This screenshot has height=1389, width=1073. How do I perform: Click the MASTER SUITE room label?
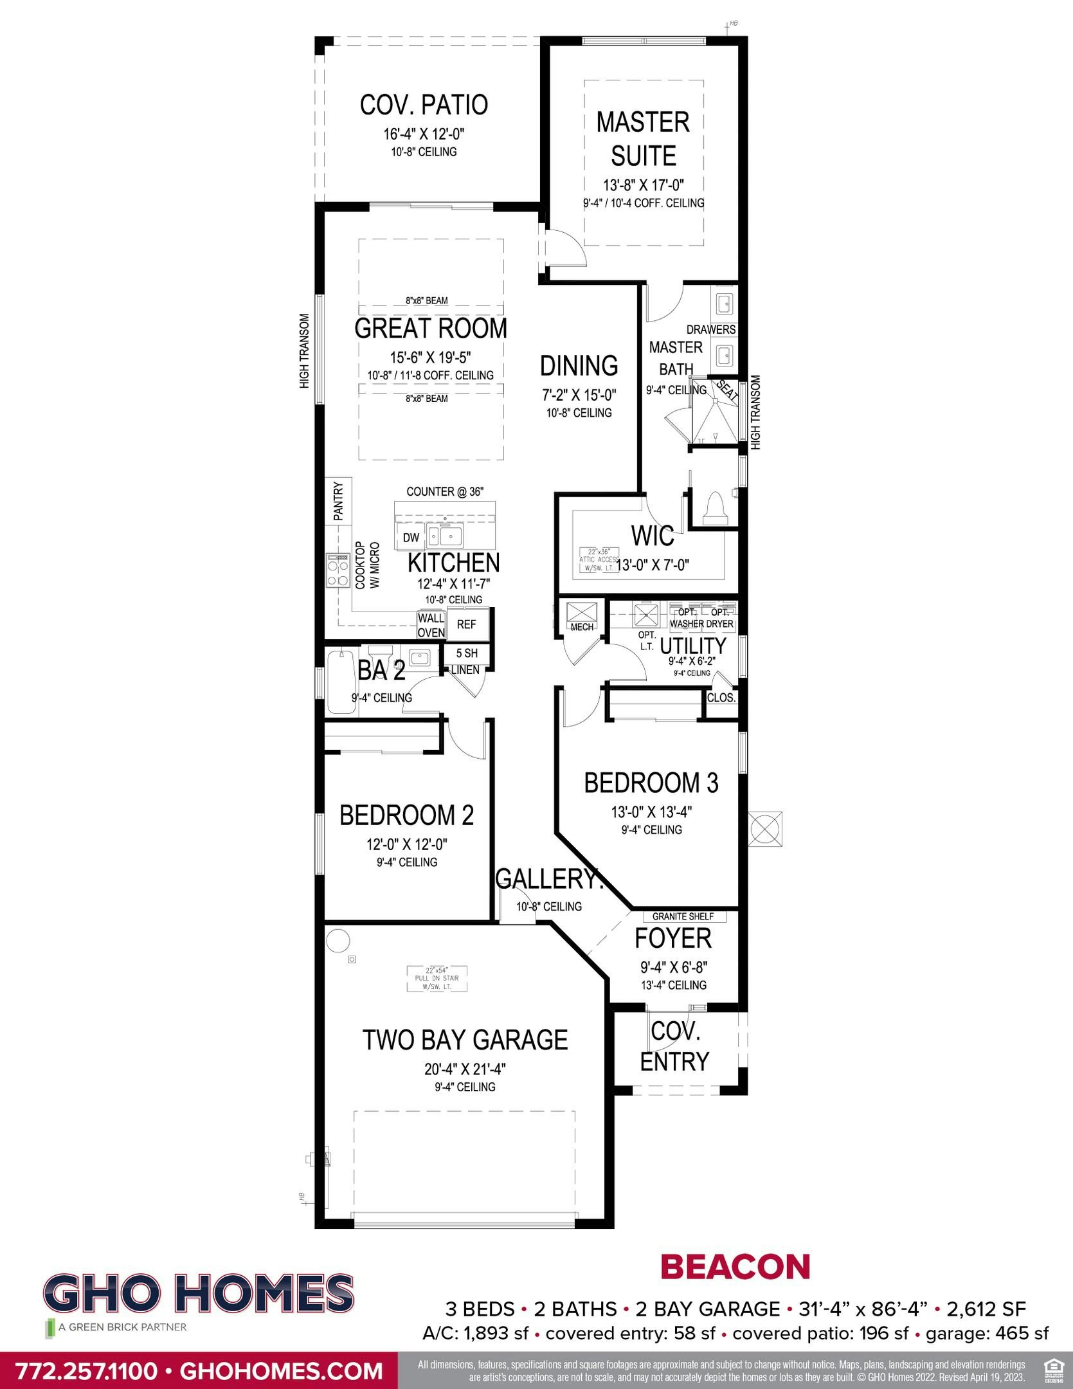tap(643, 139)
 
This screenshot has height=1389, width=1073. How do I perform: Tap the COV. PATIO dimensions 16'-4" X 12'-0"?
tap(424, 134)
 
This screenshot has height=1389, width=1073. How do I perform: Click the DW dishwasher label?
tap(411, 538)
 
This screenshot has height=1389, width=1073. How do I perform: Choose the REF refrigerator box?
tap(466, 624)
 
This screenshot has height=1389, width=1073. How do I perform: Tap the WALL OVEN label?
tap(431, 625)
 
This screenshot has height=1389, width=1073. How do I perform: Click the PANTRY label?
tap(338, 501)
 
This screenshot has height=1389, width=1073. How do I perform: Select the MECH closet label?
tap(582, 627)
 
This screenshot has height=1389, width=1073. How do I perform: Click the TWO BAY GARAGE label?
tap(465, 1039)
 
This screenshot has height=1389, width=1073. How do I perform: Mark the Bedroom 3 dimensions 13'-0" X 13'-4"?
tap(651, 812)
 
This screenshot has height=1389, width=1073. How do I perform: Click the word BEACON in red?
tap(735, 1267)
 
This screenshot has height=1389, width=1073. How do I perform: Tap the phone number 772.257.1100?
tap(86, 1370)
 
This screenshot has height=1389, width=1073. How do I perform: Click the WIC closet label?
tap(653, 535)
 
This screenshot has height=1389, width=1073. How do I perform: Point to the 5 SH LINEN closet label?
tap(466, 661)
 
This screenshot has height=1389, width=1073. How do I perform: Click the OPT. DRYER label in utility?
tap(719, 618)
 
